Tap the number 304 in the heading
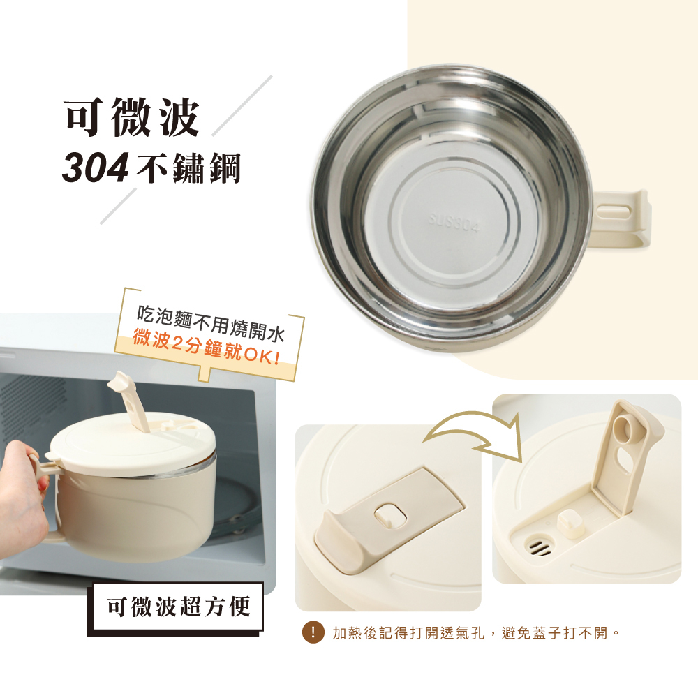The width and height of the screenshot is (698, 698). (95, 168)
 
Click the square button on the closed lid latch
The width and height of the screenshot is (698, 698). (390, 516)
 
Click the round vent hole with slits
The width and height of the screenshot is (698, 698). (540, 545)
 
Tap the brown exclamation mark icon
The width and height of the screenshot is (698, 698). (313, 632)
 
